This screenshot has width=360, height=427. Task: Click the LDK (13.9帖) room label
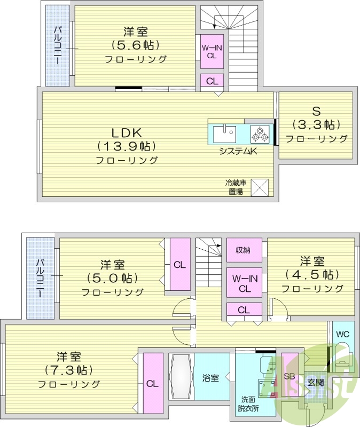coord(127,145)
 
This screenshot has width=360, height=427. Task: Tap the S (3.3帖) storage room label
coord(316,124)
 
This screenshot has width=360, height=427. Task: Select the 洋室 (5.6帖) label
coord(135,45)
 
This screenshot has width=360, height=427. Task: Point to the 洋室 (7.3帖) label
coord(69,369)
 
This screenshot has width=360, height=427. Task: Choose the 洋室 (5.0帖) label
coord(112,278)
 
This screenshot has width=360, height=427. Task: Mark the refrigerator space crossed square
coord(260,187)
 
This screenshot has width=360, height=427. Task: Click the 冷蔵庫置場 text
coord(235,187)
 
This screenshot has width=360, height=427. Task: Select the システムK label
coord(238,151)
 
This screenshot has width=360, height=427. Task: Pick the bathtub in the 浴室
coord(181,377)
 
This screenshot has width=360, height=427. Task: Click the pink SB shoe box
coord(289,376)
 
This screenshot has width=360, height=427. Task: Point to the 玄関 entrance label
coord(315,382)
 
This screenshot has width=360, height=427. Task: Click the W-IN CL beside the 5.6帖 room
coord(212,51)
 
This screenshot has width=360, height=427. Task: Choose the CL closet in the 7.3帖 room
coord(152,383)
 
